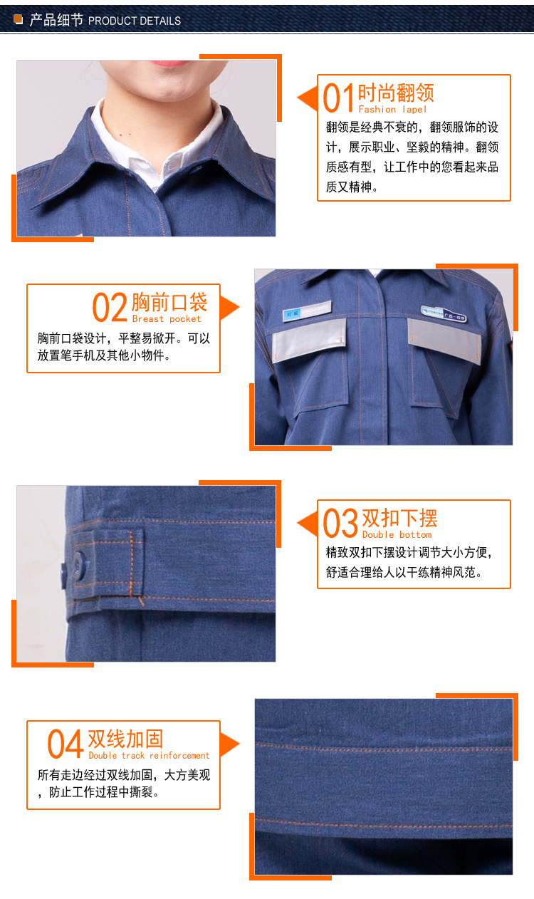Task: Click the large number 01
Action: [x=338, y=98]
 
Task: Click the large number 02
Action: [x=110, y=308]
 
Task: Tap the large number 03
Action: [x=340, y=523]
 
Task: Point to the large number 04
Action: [x=66, y=744]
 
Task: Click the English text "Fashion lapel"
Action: [x=392, y=109]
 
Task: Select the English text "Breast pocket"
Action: [x=167, y=318]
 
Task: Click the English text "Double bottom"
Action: [x=397, y=534]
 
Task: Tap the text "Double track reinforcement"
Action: [x=149, y=755]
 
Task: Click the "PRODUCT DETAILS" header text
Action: [x=135, y=21]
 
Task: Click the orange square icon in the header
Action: [x=19, y=19]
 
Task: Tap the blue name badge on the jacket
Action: [x=308, y=311]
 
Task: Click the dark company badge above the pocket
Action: [x=444, y=313]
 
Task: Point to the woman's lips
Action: [x=170, y=63]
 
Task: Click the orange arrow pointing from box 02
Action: [x=230, y=308]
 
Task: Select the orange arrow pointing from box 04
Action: [x=230, y=744]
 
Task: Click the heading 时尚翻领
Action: [x=396, y=93]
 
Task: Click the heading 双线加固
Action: [x=125, y=739]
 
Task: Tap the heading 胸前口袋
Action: [x=169, y=302]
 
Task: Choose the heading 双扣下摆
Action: [x=399, y=518]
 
